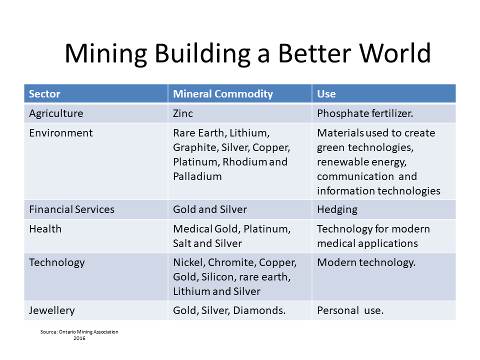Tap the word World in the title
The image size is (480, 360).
tap(395, 53)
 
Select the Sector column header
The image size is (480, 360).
tap(44, 93)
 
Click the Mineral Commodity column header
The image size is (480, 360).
tap(223, 93)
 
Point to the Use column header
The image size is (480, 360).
tap(326, 93)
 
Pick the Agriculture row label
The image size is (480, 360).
tap(56, 113)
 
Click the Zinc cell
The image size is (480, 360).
tap(183, 113)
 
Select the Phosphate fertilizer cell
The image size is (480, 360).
tap(365, 113)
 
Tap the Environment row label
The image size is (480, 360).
tap(60, 133)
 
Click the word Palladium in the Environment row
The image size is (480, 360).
tap(197, 176)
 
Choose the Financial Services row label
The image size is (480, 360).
tap(71, 209)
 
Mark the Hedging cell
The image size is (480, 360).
tap(337, 209)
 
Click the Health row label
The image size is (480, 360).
tap(45, 229)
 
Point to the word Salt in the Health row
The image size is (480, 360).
tap(182, 243)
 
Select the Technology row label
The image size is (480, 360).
tap(57, 262)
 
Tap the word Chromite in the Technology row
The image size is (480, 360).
tap(231, 262)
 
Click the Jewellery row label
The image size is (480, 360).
tap(51, 310)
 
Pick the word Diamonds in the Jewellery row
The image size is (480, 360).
tap(259, 310)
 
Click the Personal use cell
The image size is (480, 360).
tap(350, 310)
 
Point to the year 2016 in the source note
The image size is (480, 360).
tap(79, 338)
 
